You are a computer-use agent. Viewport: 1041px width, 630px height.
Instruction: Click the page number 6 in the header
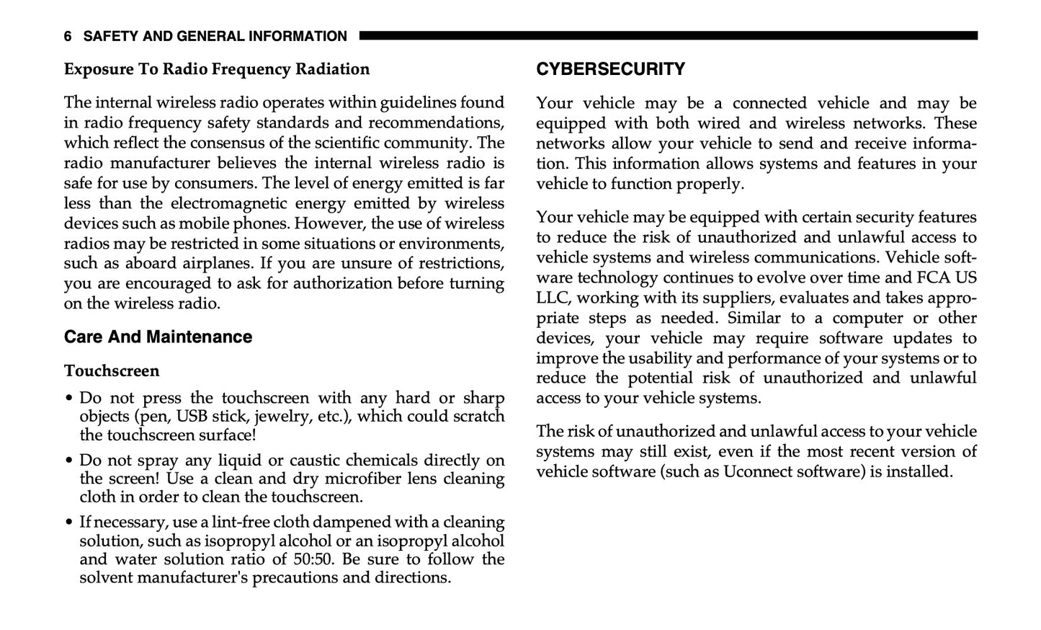tap(68, 36)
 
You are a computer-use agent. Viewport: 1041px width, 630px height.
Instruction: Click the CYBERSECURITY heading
tap(610, 69)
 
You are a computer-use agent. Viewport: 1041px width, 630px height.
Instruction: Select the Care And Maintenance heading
tap(158, 337)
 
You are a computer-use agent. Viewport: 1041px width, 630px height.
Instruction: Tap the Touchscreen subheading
tap(112, 371)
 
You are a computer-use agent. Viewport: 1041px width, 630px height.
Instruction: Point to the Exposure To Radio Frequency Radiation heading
tap(216, 69)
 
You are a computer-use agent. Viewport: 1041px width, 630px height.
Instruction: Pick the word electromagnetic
tap(227, 203)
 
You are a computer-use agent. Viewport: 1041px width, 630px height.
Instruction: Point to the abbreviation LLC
tap(552, 298)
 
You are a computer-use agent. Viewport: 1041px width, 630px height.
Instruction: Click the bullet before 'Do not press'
tap(68, 399)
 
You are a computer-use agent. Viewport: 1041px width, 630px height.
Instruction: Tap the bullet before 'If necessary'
tap(68, 523)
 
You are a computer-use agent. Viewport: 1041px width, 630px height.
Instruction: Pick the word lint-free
tap(237, 522)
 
